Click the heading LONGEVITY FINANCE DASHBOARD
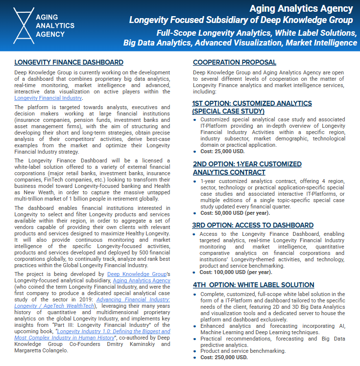69,63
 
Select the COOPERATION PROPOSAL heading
234,63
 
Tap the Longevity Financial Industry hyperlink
48,98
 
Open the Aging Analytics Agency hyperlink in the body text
142,281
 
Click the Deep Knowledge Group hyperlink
137,274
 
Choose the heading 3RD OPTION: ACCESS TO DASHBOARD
253,226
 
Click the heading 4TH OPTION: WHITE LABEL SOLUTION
253,285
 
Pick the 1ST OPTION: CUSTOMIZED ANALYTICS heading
252,104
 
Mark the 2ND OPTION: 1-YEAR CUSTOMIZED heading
247,164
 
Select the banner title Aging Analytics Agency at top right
301,8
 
